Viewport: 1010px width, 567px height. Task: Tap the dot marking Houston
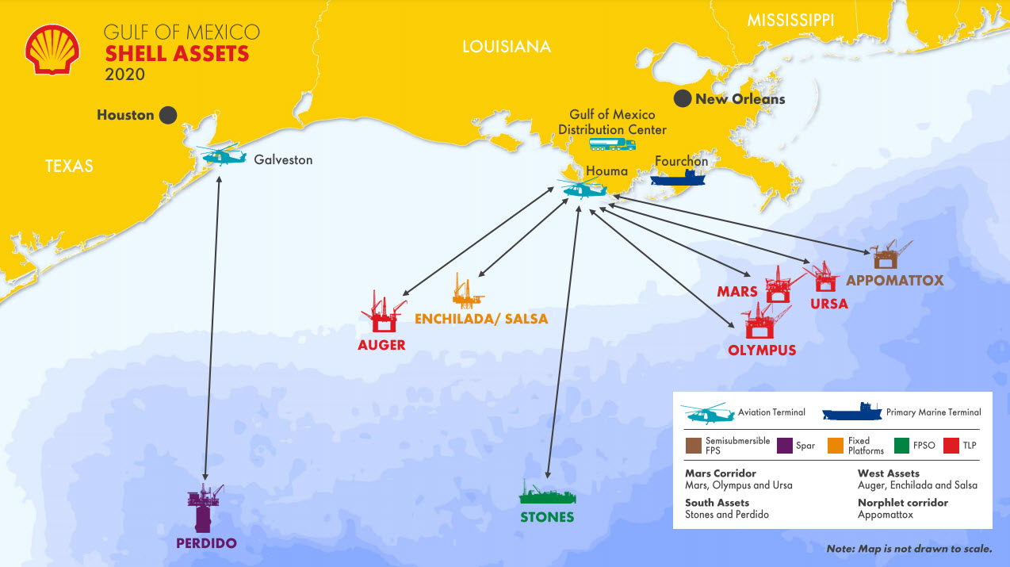click(167, 115)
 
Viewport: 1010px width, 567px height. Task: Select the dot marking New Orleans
click(682, 99)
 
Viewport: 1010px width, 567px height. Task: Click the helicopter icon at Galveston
click(224, 155)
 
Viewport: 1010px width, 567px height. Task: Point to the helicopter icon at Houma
click(583, 189)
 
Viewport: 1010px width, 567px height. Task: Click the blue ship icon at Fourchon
click(678, 178)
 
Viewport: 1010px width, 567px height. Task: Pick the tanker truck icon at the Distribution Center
click(612, 144)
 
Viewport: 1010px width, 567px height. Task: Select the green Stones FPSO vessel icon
click(547, 494)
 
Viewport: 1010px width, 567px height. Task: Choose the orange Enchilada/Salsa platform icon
click(467, 292)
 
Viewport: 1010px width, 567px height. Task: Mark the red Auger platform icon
click(384, 312)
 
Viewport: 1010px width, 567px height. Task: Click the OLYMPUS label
click(762, 350)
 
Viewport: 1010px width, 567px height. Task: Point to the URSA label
click(829, 304)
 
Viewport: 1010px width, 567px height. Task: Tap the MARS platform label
click(737, 292)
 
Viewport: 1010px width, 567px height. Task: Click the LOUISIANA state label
click(507, 47)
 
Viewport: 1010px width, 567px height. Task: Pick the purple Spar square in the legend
click(785, 445)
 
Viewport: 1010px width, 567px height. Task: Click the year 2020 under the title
click(125, 75)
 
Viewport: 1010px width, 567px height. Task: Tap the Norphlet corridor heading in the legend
click(902, 503)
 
